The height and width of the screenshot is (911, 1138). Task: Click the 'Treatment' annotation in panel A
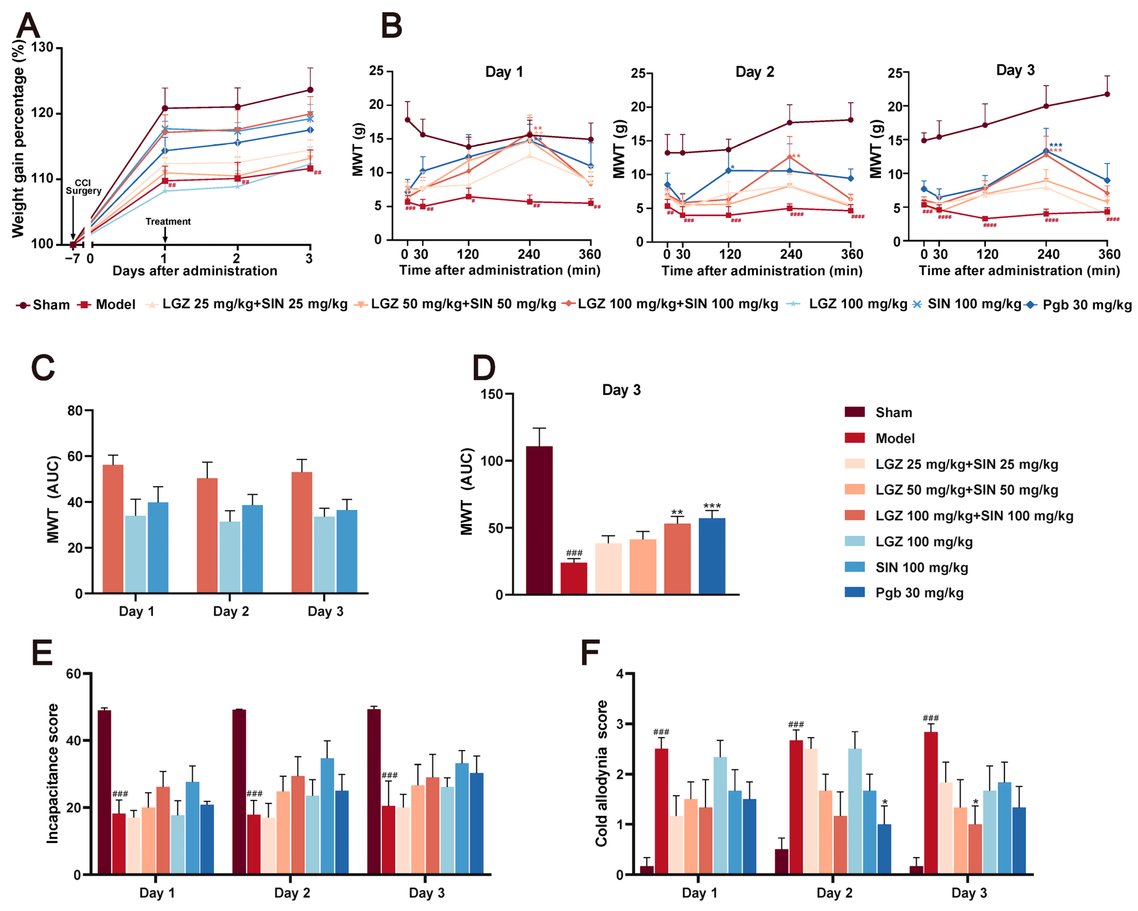(x=168, y=222)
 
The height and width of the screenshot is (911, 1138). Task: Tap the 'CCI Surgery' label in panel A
(x=83, y=187)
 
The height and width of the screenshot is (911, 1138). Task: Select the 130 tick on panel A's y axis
(x=42, y=47)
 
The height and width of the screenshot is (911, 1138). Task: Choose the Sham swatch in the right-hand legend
(x=855, y=412)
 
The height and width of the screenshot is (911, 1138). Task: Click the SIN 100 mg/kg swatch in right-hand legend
(x=855, y=567)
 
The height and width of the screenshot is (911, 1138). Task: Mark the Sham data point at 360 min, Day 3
(x=1107, y=94)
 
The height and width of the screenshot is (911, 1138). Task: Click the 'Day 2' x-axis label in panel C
(x=231, y=611)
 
